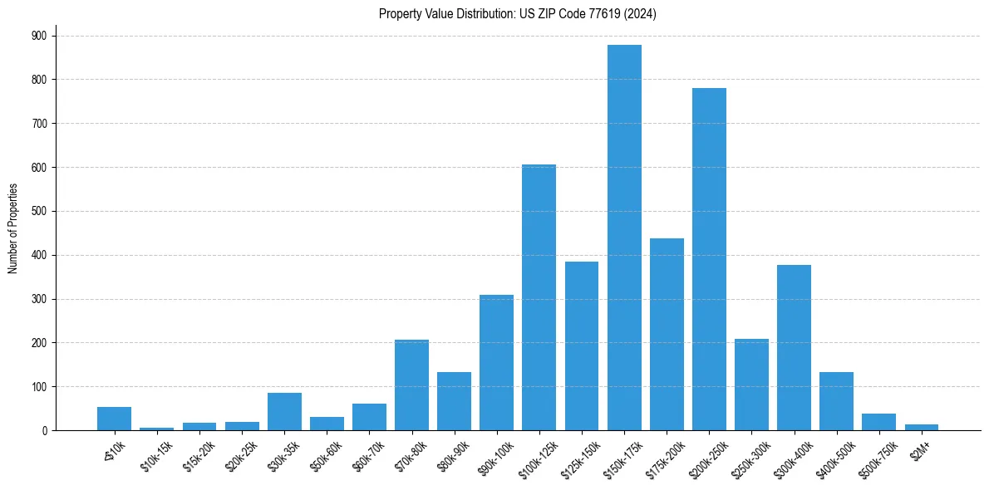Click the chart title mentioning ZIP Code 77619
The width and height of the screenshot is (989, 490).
click(x=517, y=14)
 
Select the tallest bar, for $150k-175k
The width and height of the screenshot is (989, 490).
click(x=624, y=238)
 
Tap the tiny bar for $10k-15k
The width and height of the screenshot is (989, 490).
click(x=157, y=429)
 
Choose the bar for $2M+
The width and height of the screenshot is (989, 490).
click(x=921, y=427)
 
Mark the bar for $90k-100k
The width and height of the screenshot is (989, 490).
click(x=496, y=362)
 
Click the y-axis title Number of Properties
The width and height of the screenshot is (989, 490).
click(x=12, y=228)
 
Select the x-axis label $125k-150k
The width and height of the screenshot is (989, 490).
click(x=578, y=456)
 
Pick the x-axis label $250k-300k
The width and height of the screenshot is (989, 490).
click(x=748, y=456)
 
